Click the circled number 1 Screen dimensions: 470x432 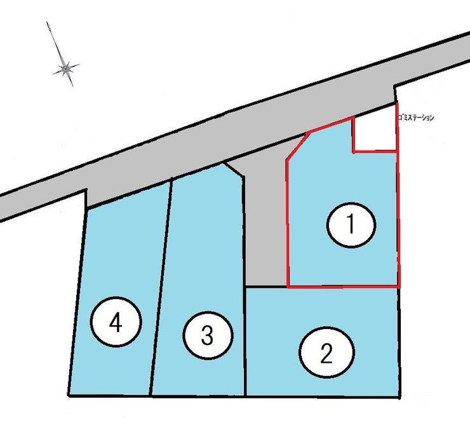351,225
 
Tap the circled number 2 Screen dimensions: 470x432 326,352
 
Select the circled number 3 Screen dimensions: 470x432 208,335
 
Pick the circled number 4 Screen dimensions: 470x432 116,321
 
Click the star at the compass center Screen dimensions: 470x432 65,69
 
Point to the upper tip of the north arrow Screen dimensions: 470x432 47,22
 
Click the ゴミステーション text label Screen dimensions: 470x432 416,118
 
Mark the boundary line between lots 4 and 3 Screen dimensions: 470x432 160,287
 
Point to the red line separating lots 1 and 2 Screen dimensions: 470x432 344,287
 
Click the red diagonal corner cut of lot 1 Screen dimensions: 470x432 298,145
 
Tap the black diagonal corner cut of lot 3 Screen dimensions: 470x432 233,170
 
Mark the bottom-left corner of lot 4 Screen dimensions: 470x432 69,395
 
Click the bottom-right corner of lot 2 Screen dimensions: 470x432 399,397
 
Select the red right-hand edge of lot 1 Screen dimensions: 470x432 398,195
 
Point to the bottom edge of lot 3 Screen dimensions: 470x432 198,396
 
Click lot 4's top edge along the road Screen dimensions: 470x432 129,194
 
